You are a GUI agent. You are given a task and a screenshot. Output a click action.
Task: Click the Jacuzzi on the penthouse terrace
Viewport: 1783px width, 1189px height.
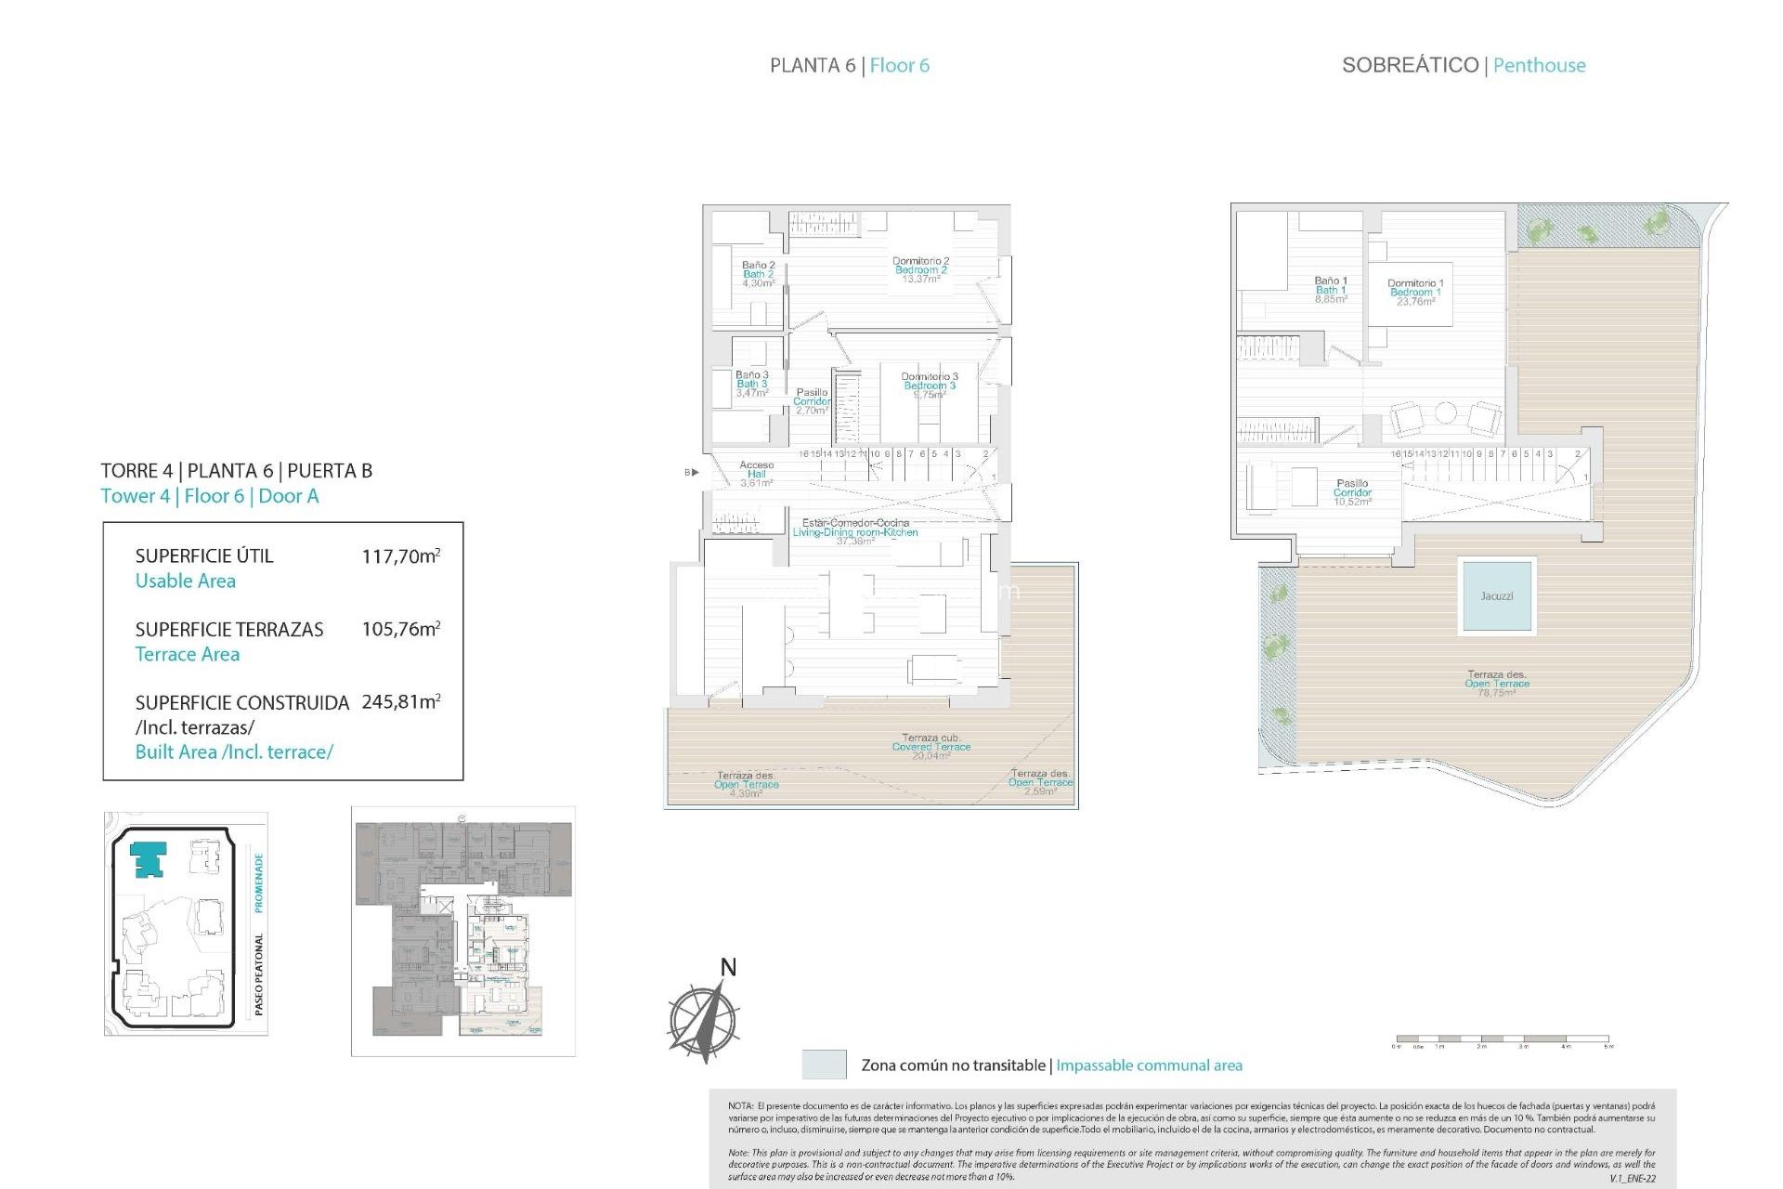pyautogui.click(x=1495, y=595)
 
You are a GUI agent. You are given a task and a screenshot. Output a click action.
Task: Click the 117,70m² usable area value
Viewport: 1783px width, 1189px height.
pyautogui.click(x=400, y=556)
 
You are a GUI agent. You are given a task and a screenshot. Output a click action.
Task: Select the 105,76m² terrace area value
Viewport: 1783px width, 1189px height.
pyautogui.click(x=400, y=629)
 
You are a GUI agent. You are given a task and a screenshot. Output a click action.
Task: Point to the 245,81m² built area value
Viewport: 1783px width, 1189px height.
pyautogui.click(x=400, y=702)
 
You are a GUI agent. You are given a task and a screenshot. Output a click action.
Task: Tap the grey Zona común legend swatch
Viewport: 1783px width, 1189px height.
pyautogui.click(x=824, y=1065)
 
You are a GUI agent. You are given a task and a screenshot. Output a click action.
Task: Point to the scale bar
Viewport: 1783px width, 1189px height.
pyautogui.click(x=1502, y=1039)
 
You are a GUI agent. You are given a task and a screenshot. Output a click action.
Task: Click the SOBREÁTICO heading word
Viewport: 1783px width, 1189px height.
pyautogui.click(x=1409, y=65)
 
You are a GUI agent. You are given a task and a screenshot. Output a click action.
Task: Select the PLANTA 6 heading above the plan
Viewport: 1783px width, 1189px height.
pyautogui.click(x=812, y=65)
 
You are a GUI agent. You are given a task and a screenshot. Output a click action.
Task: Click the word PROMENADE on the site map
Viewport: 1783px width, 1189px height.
pyautogui.click(x=259, y=882)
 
